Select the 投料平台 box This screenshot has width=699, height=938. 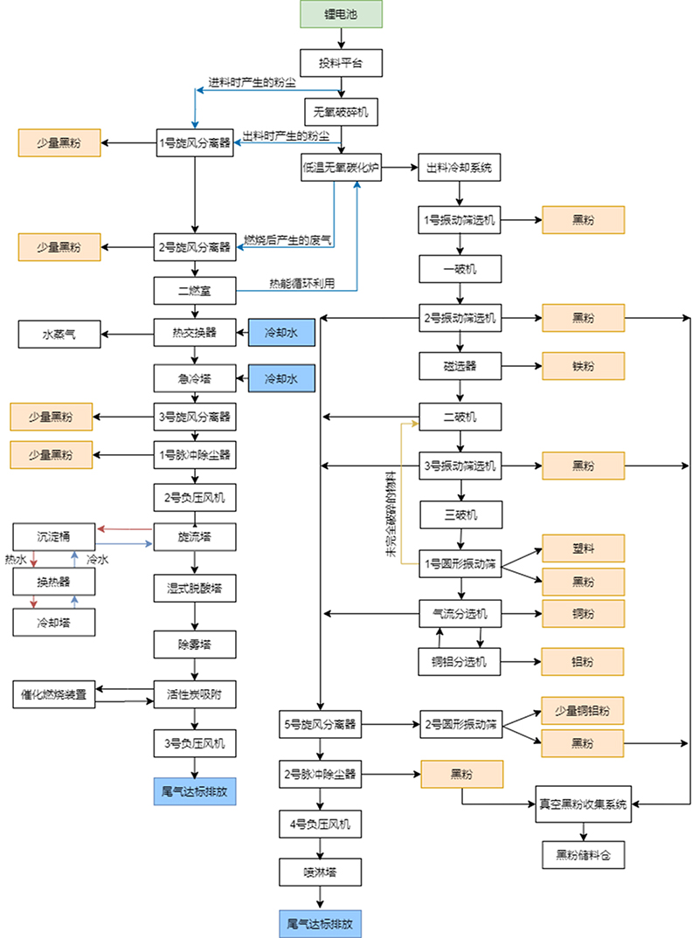click(x=341, y=62)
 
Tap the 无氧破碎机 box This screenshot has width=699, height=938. click(x=341, y=111)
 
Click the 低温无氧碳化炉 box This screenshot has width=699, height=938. click(x=341, y=167)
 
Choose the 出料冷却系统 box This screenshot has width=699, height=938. click(x=460, y=167)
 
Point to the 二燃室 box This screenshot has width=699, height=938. click(x=194, y=290)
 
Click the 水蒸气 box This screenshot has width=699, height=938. click(x=59, y=333)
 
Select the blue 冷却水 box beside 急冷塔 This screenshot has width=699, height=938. click(x=280, y=379)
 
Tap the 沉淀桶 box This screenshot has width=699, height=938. click(x=55, y=535)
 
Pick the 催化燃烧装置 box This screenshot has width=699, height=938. click(x=55, y=695)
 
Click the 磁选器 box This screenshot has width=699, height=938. click(x=460, y=364)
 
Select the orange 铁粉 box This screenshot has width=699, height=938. click(x=584, y=364)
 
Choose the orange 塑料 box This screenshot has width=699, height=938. click(x=584, y=548)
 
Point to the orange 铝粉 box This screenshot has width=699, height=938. click(x=584, y=661)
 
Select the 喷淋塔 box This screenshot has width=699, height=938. click(x=321, y=871)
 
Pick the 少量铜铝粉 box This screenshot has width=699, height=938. click(x=584, y=710)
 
